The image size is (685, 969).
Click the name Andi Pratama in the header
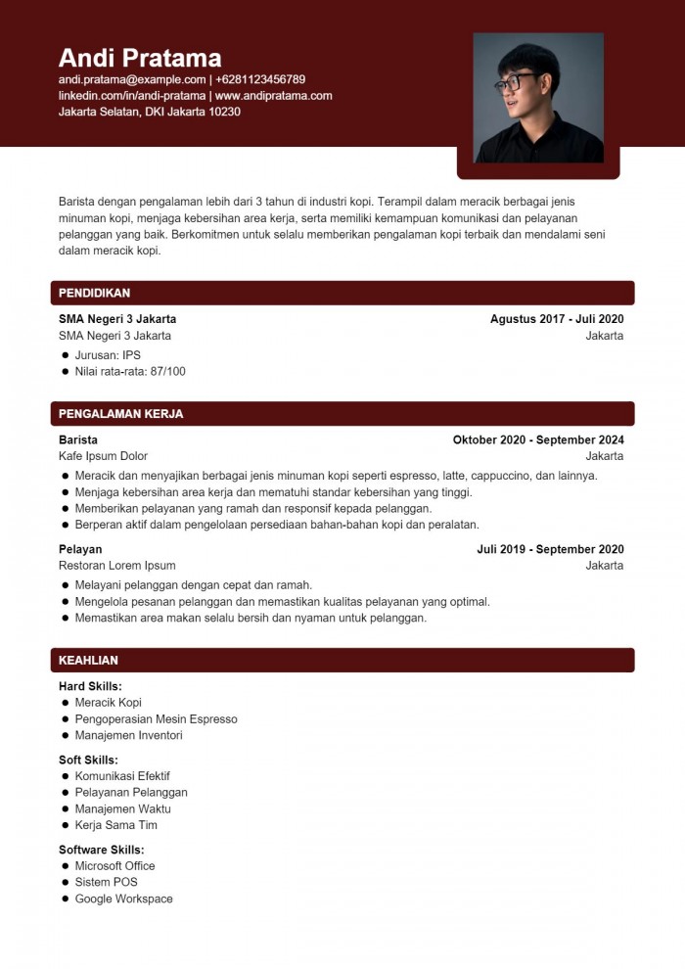pos(140,57)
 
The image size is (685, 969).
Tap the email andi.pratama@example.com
pos(132,79)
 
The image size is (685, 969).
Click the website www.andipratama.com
pos(274,96)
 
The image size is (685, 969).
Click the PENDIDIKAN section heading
pos(94,293)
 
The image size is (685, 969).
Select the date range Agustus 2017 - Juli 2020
pos(557,319)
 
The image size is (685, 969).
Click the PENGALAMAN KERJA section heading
pos(120,414)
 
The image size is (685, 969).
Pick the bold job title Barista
pos(78,440)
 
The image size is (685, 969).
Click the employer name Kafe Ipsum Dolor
pos(103,456)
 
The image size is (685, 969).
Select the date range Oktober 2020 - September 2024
pos(538,440)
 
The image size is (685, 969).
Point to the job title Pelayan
pos(80,549)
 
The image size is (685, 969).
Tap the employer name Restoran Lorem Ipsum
pos(117,566)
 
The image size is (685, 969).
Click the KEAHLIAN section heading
pos(88,661)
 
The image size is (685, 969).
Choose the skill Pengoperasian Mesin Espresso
pos(156,719)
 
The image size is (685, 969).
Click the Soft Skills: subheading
pos(88,761)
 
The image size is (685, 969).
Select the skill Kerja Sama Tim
pos(115,825)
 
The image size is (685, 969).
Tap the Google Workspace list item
pos(123,899)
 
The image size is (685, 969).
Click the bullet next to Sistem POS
pos(65,883)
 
